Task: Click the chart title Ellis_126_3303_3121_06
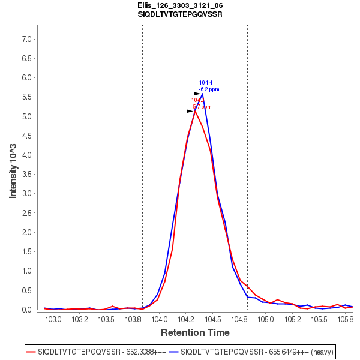click(x=180, y=5)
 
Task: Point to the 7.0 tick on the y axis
click(x=26, y=39)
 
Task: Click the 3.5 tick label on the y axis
click(x=26, y=175)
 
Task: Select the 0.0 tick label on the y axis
click(x=26, y=310)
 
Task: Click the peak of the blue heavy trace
click(x=203, y=94)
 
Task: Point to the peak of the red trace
click(x=195, y=110)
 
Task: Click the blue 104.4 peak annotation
click(x=206, y=83)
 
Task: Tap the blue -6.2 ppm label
click(x=209, y=89)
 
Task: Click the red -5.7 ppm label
click(x=202, y=107)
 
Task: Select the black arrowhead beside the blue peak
click(x=197, y=94)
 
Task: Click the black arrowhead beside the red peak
click(x=190, y=111)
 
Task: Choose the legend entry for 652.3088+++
click(x=95, y=351)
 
